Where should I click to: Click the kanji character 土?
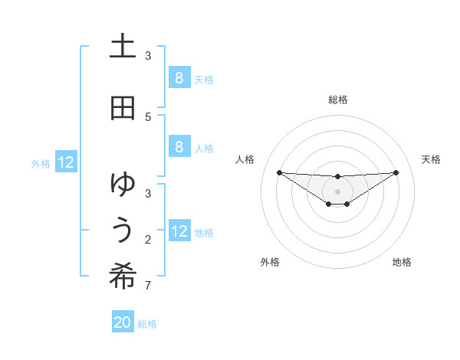tap(123, 47)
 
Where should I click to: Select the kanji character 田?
tap(123, 108)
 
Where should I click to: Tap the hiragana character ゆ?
tap(123, 184)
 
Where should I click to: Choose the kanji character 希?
tap(123, 277)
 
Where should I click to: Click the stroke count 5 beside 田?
tap(148, 116)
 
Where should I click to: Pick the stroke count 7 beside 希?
tap(148, 286)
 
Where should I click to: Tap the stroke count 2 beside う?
tap(148, 240)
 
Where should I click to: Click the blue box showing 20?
tap(123, 322)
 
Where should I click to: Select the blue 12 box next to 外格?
tap(65, 162)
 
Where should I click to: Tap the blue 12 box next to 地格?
tap(179, 231)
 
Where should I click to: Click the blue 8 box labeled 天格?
tap(179, 77)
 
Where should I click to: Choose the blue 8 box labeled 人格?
tap(179, 147)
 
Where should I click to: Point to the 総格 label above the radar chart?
tap(338, 100)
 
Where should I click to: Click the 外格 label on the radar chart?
tap(270, 262)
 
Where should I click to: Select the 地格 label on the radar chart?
tap(402, 262)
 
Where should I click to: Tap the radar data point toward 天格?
tap(396, 172)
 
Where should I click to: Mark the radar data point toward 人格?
tap(279, 172)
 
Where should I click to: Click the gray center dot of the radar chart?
tap(337, 191)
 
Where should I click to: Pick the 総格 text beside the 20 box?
tap(147, 324)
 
